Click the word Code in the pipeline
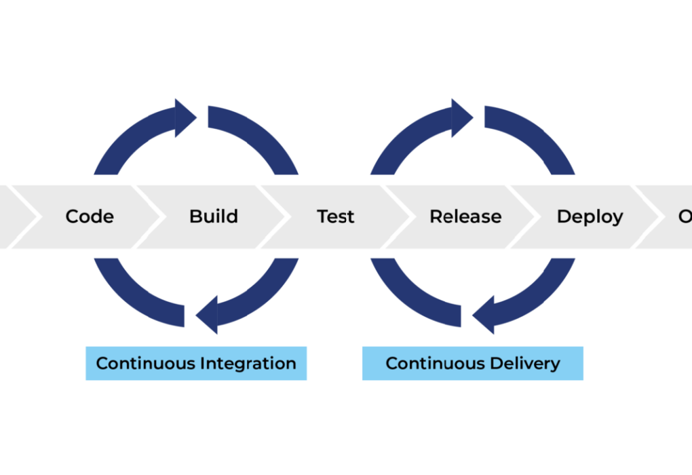coord(90,216)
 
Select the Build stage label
coord(214,216)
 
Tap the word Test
coord(336,216)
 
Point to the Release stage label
coord(465,216)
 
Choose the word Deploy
coord(590,216)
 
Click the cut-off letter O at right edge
coord(685,216)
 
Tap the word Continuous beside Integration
coord(145,363)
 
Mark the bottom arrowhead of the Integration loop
coord(208,315)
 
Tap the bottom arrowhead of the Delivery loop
coord(484,315)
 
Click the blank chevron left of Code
coord(14,216)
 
